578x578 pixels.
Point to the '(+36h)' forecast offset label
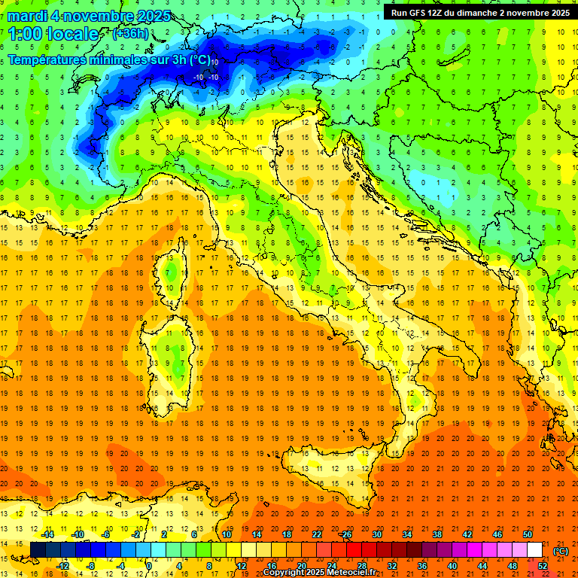click(130, 34)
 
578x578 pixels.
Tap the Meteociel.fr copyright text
click(319, 573)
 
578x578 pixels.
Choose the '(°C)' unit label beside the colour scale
click(561, 551)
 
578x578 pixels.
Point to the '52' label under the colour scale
click(543, 565)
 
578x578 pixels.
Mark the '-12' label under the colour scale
click(62, 565)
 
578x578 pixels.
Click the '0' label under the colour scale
click(149, 565)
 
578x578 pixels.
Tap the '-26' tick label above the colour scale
click(345, 534)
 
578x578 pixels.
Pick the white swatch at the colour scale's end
click(534, 550)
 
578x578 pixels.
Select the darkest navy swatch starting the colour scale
click(38, 550)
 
